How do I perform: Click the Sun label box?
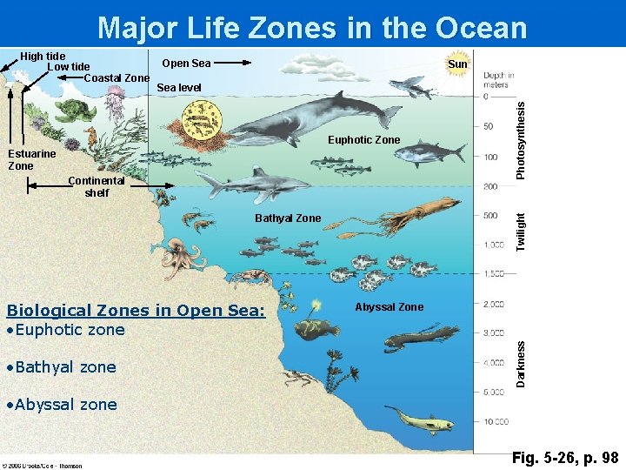tap(457, 64)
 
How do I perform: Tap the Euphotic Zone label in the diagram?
tap(363, 139)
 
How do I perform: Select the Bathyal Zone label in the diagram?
tap(288, 218)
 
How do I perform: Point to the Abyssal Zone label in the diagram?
tap(389, 306)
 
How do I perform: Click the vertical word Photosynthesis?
tap(521, 139)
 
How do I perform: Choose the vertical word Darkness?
tap(521, 364)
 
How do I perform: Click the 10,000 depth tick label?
tap(496, 422)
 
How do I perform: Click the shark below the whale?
tap(252, 184)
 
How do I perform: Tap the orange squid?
tap(422, 212)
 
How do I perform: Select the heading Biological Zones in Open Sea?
tap(136, 310)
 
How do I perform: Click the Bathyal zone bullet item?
tap(60, 367)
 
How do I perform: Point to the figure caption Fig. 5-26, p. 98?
tap(565, 457)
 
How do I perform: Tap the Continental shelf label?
tap(97, 187)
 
